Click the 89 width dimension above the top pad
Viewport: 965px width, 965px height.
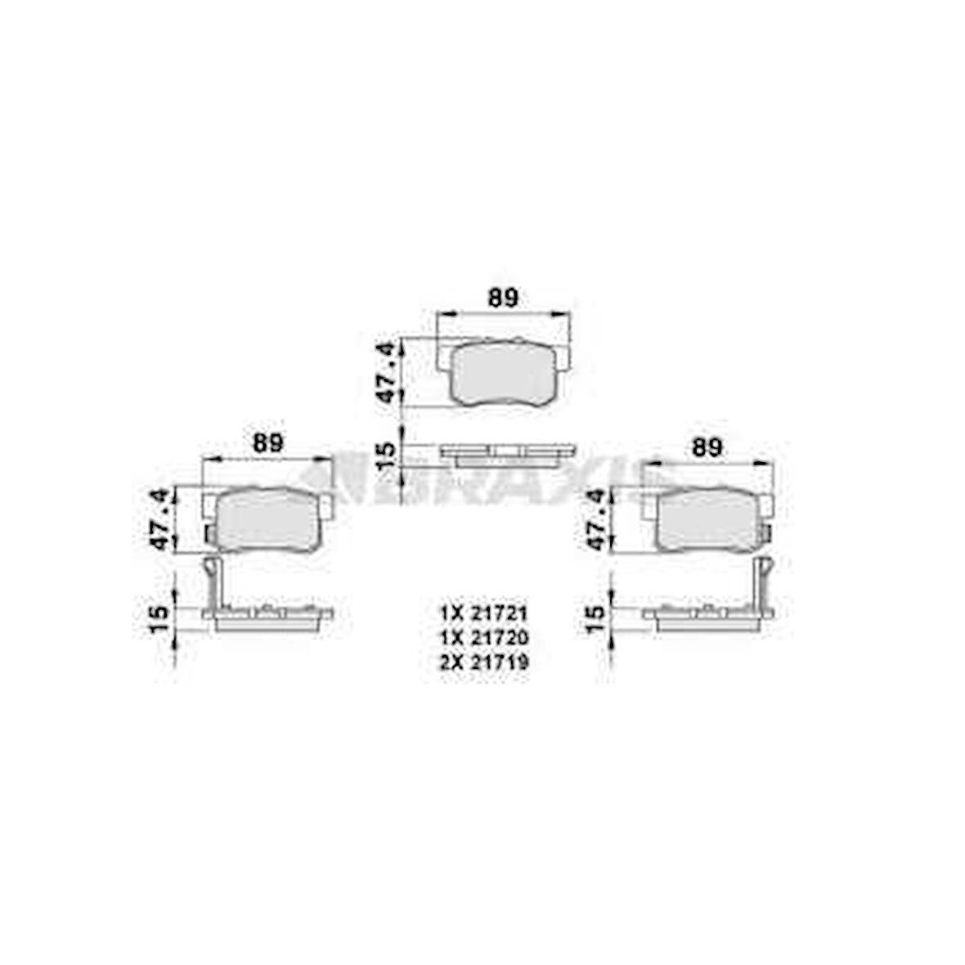tap(503, 298)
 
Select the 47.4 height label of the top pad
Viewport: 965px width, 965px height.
tap(392, 372)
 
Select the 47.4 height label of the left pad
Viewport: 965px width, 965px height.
tap(159, 518)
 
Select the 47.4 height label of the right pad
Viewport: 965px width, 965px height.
tap(599, 518)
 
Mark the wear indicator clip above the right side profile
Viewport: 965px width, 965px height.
tap(764, 579)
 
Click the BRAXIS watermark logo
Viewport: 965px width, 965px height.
tap(482, 478)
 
